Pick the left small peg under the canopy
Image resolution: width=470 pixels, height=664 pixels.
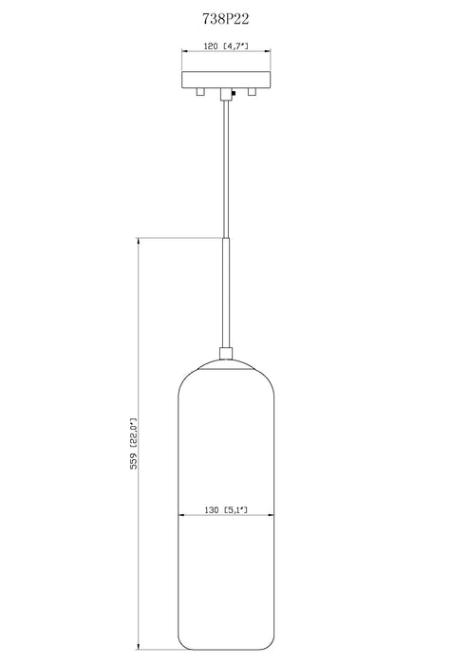pyautogui.click(x=198, y=92)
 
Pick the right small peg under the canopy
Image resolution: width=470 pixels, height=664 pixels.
pyautogui.click(x=252, y=92)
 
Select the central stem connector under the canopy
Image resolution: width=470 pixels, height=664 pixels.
pyautogui.click(x=225, y=93)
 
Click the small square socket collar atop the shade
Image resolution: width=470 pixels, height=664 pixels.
pyautogui.click(x=225, y=357)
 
